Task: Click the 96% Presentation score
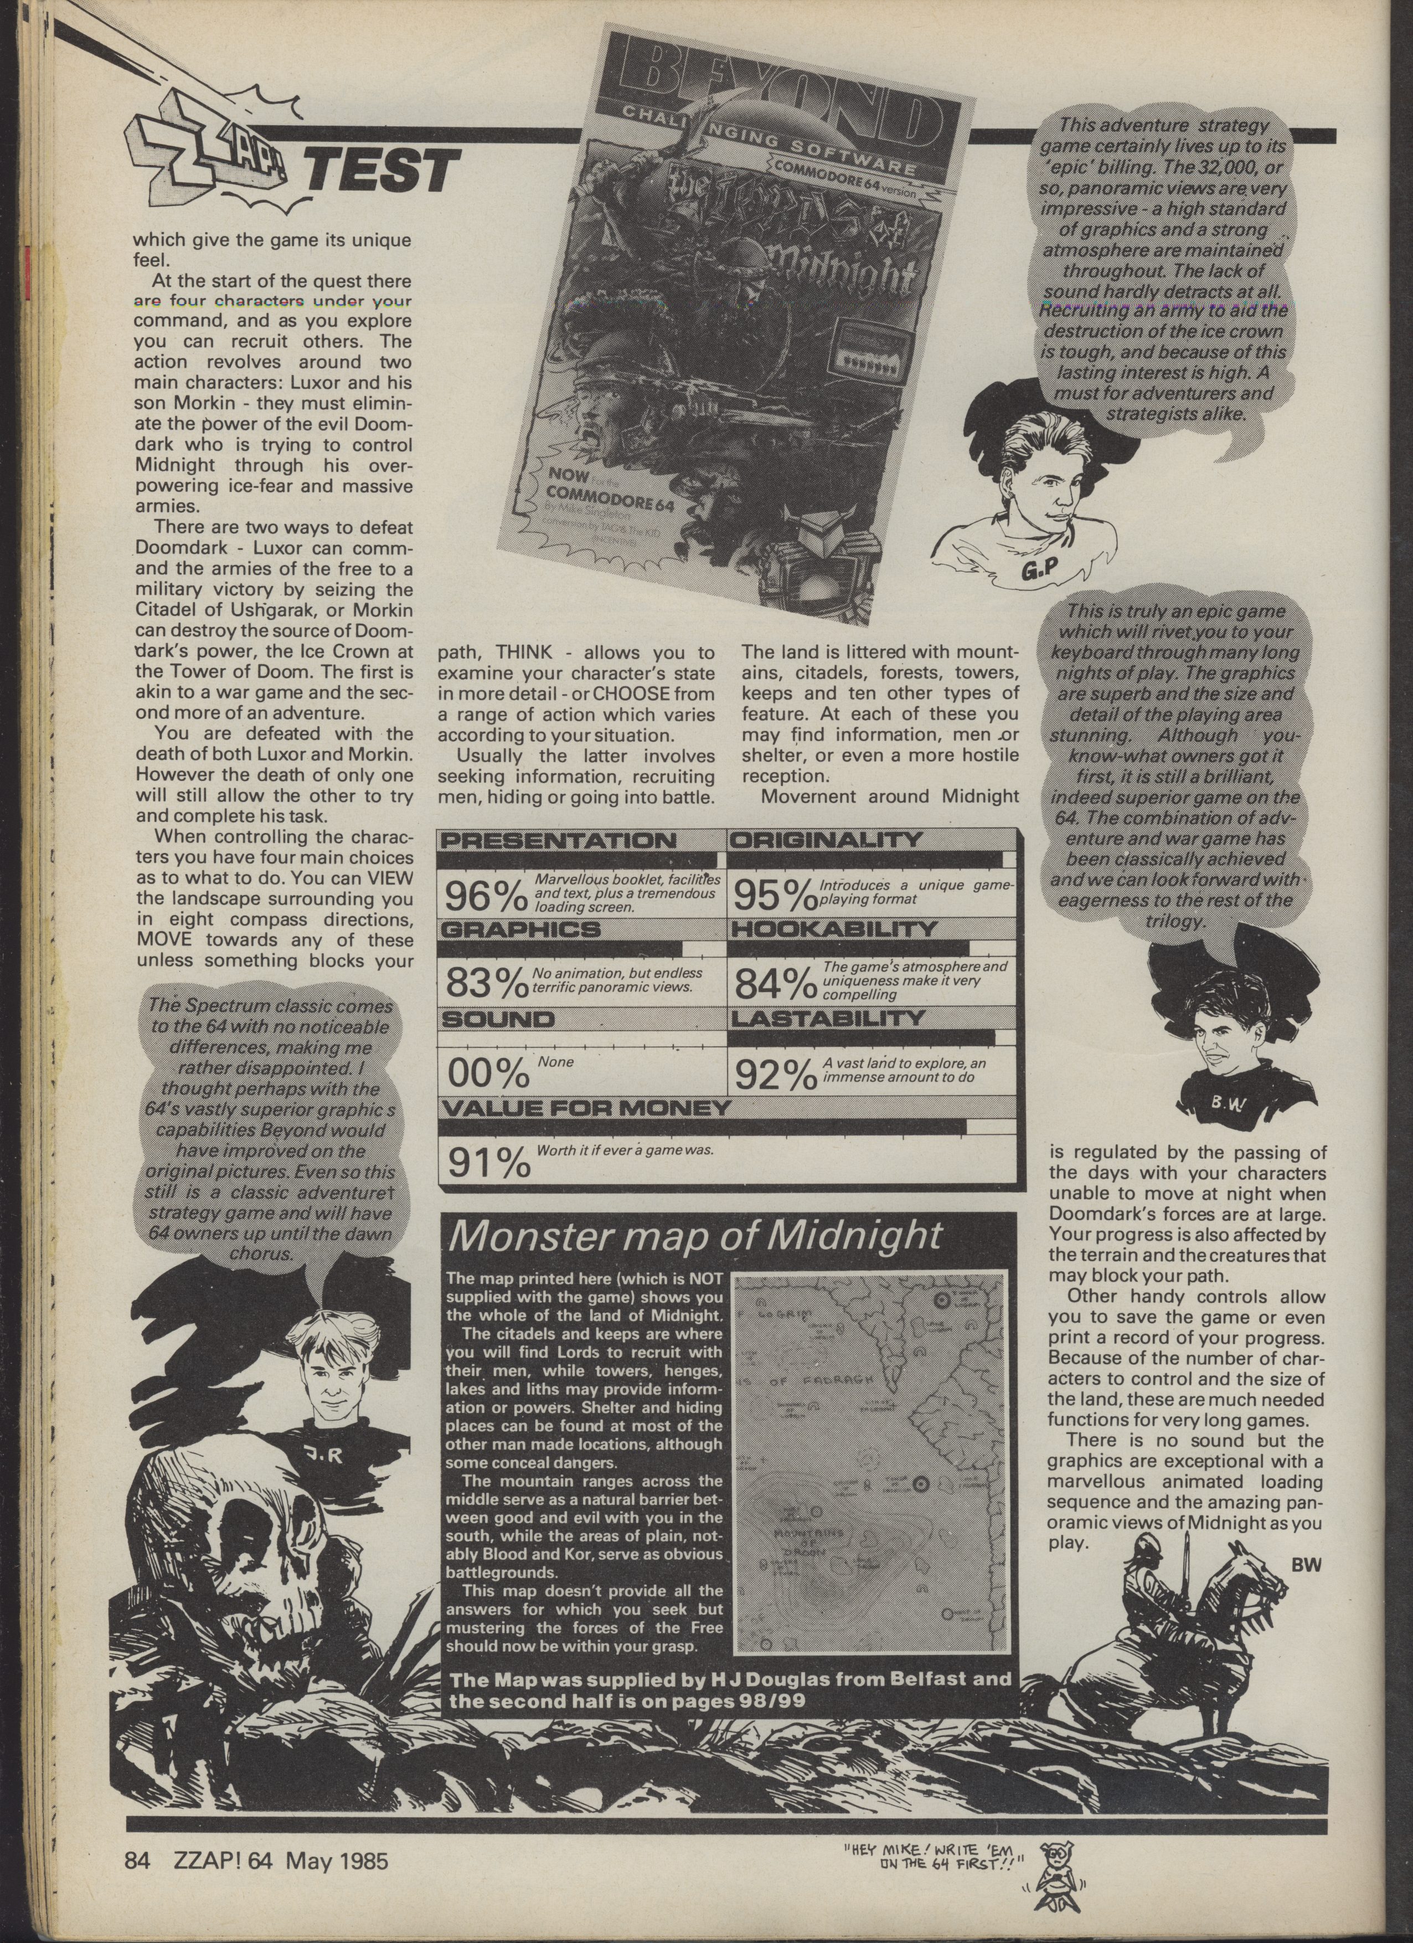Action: pyautogui.click(x=484, y=895)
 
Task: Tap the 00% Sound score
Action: pyautogui.click(x=484, y=1073)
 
